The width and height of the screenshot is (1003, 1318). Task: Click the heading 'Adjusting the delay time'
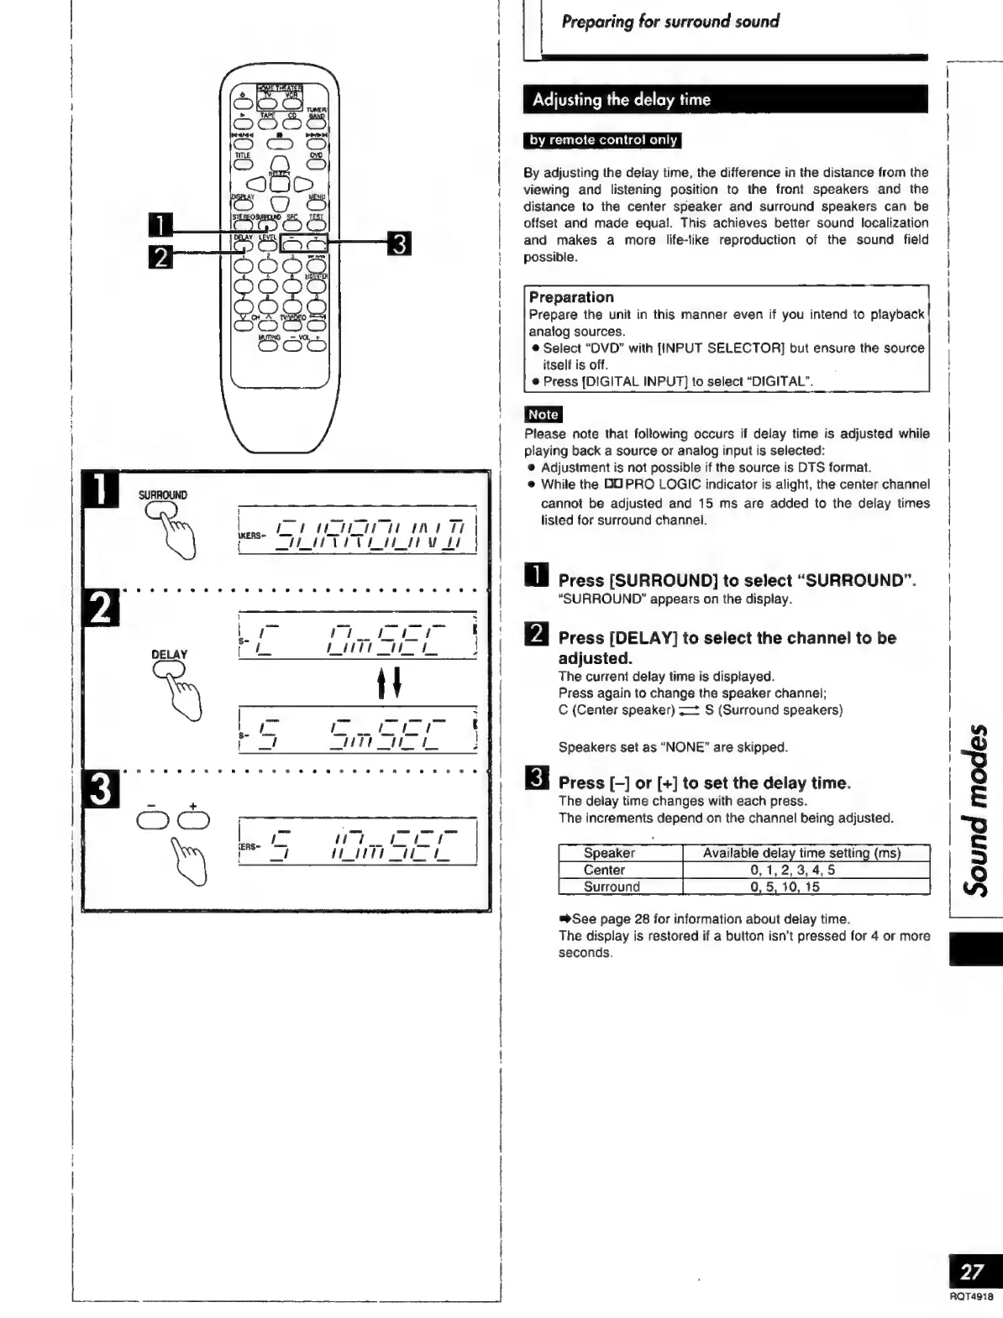pyautogui.click(x=621, y=100)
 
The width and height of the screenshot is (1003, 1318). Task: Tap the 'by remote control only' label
pyautogui.click(x=602, y=140)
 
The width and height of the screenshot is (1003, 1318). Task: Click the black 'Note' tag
pyautogui.click(x=543, y=415)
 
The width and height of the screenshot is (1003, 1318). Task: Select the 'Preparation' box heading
pyautogui.click(x=571, y=297)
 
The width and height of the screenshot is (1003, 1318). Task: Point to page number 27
pyautogui.click(x=972, y=1272)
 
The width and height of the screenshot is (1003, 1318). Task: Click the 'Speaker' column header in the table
pyautogui.click(x=609, y=853)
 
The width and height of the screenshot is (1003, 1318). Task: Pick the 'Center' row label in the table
pyautogui.click(x=604, y=870)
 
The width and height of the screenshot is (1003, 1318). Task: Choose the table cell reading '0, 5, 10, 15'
pyautogui.click(x=785, y=887)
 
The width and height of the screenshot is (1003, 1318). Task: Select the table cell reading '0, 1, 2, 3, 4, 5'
pyautogui.click(x=792, y=870)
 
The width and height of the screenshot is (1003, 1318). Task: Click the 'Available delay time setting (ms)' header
pyautogui.click(x=801, y=853)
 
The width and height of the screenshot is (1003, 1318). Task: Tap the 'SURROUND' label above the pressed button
pyautogui.click(x=163, y=495)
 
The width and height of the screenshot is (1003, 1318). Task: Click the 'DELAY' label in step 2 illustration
pyautogui.click(x=170, y=654)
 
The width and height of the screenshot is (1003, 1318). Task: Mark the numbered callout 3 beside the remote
pyautogui.click(x=400, y=244)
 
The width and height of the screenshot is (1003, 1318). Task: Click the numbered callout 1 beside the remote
pyautogui.click(x=160, y=226)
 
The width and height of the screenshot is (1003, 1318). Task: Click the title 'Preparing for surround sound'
pyautogui.click(x=670, y=22)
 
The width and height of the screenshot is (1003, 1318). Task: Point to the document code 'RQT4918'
pyautogui.click(x=971, y=1296)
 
